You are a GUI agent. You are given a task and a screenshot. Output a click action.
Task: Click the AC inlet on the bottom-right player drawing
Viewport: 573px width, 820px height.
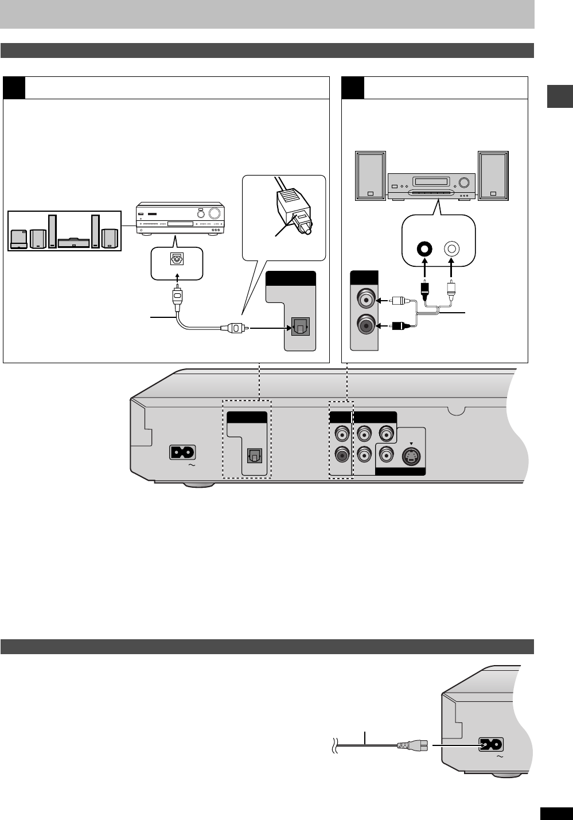tap(489, 745)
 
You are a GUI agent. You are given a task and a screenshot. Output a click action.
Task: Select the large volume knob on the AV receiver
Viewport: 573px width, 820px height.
tap(215, 213)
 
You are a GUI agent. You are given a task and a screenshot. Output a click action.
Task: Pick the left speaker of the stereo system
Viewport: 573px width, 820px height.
tap(370, 176)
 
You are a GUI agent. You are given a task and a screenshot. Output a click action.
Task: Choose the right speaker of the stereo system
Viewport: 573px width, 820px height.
tap(493, 176)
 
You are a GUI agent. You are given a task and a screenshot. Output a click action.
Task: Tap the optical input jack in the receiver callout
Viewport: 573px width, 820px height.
tap(177, 259)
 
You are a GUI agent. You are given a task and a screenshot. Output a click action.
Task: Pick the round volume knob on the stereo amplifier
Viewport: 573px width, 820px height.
tap(463, 184)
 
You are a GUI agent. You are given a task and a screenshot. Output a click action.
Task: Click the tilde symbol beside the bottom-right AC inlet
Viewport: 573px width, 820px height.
tap(499, 757)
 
